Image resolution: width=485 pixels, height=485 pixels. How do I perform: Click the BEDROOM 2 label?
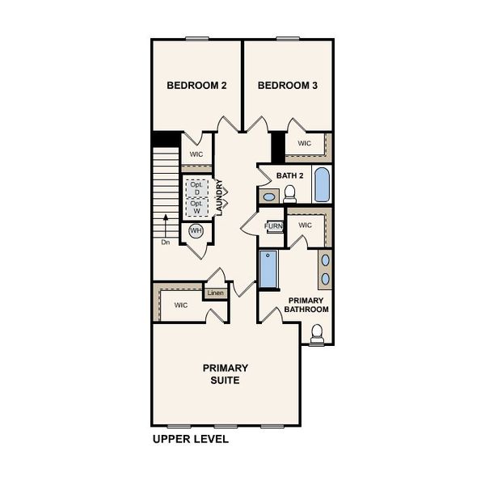196,85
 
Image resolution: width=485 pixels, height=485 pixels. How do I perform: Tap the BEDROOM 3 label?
288,85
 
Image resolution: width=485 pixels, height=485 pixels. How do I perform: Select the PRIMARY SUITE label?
226,373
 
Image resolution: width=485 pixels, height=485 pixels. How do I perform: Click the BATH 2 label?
289,175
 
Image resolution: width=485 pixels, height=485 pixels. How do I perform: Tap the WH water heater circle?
196,231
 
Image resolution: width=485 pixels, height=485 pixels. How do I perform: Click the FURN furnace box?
274,226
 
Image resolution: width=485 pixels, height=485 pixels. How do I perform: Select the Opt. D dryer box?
196,188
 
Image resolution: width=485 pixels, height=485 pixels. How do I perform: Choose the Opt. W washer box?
196,207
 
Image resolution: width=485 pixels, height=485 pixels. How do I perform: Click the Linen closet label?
215,293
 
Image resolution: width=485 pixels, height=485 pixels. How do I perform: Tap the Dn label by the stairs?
165,241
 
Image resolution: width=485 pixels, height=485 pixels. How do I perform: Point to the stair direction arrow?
165,222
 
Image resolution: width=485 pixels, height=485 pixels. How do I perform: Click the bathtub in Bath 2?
321,185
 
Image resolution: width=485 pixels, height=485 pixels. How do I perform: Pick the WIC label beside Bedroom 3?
304,144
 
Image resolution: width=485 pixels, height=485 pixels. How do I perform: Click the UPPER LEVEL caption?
191,440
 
